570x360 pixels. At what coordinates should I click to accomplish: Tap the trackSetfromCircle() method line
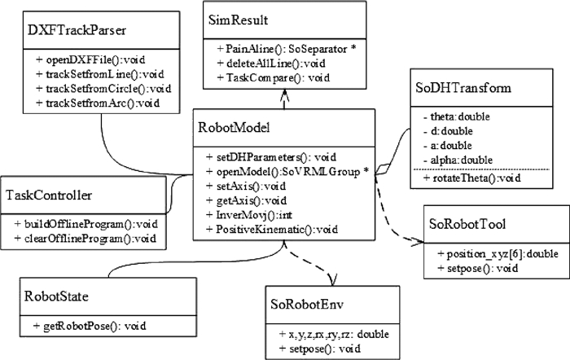click(x=96, y=90)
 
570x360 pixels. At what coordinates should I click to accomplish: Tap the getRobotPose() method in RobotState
click(x=90, y=326)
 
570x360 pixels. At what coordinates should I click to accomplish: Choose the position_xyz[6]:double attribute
click(x=496, y=253)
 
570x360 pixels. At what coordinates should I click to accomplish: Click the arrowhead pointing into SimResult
click(x=283, y=94)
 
